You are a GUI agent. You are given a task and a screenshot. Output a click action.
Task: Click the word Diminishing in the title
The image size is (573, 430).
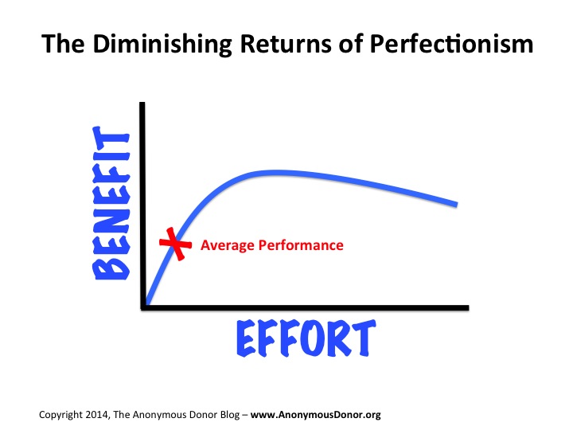pyautogui.click(x=162, y=45)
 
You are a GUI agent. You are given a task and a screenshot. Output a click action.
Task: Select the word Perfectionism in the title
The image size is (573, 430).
pyautogui.click(x=451, y=45)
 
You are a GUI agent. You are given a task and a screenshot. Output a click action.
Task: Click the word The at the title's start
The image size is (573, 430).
pyautogui.click(x=63, y=44)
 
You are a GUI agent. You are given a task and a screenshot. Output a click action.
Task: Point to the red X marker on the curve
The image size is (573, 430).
pyautogui.click(x=175, y=244)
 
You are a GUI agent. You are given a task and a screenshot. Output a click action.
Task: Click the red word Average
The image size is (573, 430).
pyautogui.click(x=227, y=245)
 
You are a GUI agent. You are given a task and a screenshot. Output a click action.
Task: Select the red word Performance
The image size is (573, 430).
pyautogui.click(x=301, y=245)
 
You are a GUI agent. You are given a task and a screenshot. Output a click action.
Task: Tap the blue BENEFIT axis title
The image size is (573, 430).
pyautogui.click(x=111, y=203)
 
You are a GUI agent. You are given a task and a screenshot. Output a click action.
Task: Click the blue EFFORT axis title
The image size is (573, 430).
pyautogui.click(x=306, y=338)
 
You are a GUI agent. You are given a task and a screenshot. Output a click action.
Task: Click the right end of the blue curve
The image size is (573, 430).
pyautogui.click(x=456, y=205)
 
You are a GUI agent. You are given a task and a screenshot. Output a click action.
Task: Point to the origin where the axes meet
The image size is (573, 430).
pyautogui.click(x=143, y=308)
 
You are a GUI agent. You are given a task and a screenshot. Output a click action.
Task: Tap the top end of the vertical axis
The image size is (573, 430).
pyautogui.click(x=142, y=103)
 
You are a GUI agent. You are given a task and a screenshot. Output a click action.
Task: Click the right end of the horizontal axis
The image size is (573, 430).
pyautogui.click(x=467, y=308)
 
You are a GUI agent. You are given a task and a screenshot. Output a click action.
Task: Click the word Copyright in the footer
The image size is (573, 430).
pyautogui.click(x=60, y=416)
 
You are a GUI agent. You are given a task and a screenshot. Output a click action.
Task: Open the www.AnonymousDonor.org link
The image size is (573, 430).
pyautogui.click(x=316, y=415)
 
